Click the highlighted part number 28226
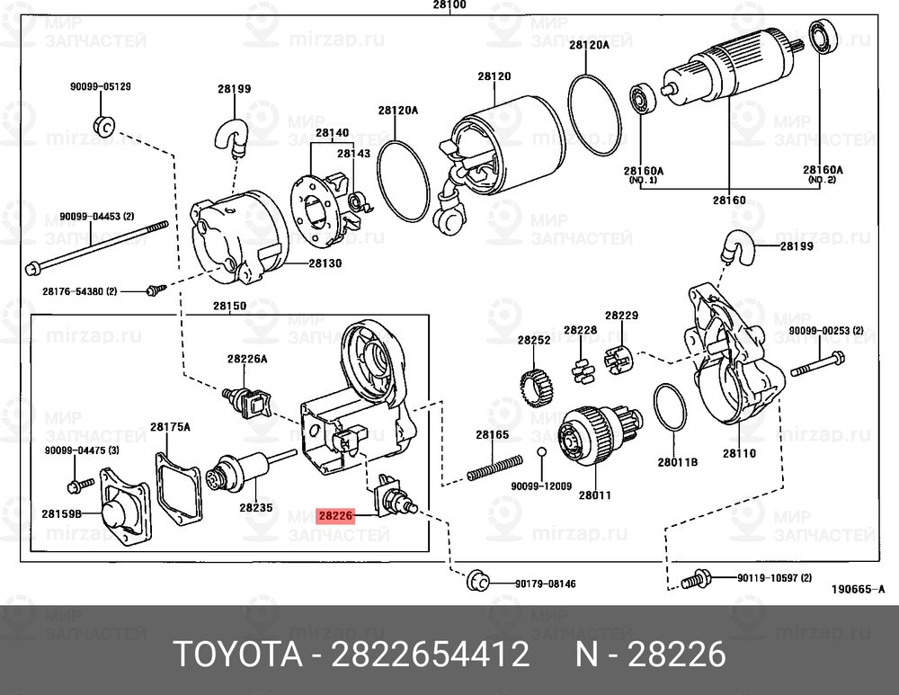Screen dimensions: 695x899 pos(336,517)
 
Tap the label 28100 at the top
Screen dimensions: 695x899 pos(449,5)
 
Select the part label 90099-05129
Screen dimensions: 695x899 pos(101,87)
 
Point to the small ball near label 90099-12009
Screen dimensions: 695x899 pos(541,451)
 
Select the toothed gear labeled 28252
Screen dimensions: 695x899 pos(537,387)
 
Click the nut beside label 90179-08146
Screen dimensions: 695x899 pos(476,581)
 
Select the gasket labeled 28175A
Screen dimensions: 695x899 pos(177,486)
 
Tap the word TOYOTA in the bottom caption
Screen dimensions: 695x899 pos(236,655)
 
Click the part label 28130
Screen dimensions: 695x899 pos(326,263)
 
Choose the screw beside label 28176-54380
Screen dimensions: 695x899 pos(155,290)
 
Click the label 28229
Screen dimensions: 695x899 pos(621,316)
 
